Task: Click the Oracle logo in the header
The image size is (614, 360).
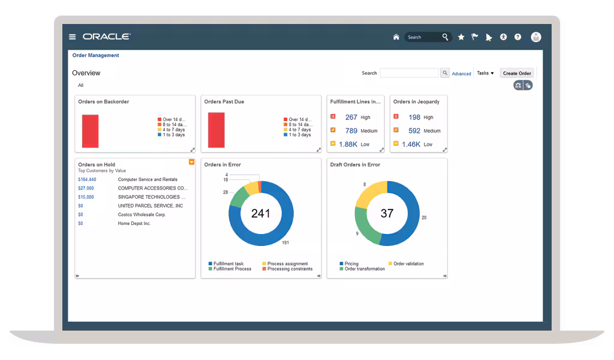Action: tap(107, 37)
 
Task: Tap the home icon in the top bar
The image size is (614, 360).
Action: tap(396, 37)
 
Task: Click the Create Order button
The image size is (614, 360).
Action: tap(517, 73)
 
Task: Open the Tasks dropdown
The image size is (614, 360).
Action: tap(485, 73)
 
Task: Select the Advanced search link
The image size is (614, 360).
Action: tap(461, 74)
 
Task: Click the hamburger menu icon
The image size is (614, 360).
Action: tap(72, 37)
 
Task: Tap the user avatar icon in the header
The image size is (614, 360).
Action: tap(536, 37)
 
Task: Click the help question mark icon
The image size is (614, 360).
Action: tap(517, 37)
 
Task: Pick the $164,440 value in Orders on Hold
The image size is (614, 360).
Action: tap(87, 179)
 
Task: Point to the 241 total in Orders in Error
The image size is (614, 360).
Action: tap(260, 214)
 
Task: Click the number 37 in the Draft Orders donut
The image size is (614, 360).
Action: tap(387, 214)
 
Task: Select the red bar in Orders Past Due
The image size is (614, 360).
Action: tap(216, 130)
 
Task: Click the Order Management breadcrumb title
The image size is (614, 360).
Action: tap(95, 55)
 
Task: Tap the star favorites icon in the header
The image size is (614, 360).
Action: tap(461, 37)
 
